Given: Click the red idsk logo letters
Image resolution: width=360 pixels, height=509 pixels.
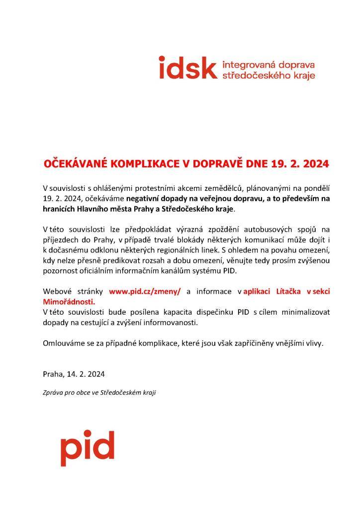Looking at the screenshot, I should pos(187,68).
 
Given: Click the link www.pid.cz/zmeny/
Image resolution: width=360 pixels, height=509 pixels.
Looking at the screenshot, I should pos(145,291).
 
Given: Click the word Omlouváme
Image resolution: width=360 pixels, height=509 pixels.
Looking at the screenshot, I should pos(65,343).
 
